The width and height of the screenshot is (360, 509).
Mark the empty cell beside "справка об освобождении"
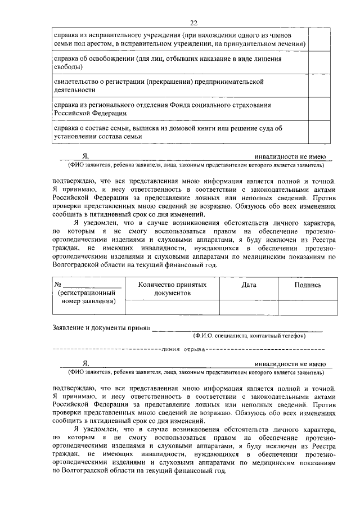(319, 63)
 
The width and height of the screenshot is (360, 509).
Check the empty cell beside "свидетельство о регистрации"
(319, 86)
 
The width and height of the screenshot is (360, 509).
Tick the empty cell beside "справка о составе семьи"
(319, 133)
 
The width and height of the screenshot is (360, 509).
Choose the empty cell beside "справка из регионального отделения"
(319, 109)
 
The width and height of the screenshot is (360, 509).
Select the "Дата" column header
(249, 285)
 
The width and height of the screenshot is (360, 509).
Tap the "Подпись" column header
(308, 285)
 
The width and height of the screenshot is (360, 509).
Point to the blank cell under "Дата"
(249, 308)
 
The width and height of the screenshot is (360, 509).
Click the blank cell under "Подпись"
(308, 308)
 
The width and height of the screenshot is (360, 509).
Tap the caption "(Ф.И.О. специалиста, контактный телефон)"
(249, 336)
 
